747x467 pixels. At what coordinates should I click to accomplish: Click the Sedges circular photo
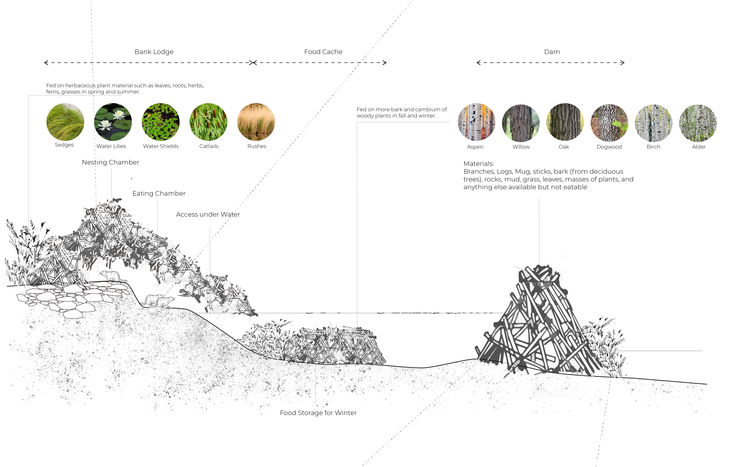coord(65,122)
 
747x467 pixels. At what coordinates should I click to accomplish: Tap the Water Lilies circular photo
coord(113,122)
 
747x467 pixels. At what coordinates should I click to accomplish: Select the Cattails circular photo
coord(208,122)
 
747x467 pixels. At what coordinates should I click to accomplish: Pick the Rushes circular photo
coord(256,122)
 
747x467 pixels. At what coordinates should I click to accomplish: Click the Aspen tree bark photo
coord(476,122)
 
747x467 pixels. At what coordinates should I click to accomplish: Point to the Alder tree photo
coord(698,123)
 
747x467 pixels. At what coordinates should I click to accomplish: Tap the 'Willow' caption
coord(521,147)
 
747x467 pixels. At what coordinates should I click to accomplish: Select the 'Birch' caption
coord(653,147)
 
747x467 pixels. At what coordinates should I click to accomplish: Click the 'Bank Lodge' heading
coord(154,52)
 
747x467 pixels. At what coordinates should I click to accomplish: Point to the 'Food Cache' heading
coord(323,52)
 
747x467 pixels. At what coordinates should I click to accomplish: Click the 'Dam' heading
coord(552,52)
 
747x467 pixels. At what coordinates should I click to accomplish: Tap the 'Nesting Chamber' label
coord(111,162)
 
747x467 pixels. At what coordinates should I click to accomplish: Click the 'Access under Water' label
coord(208,214)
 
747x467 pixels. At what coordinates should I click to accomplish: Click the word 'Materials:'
coord(479,164)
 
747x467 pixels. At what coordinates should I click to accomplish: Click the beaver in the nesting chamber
coord(113,276)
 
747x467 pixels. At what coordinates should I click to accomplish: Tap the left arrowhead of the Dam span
coord(479,63)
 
